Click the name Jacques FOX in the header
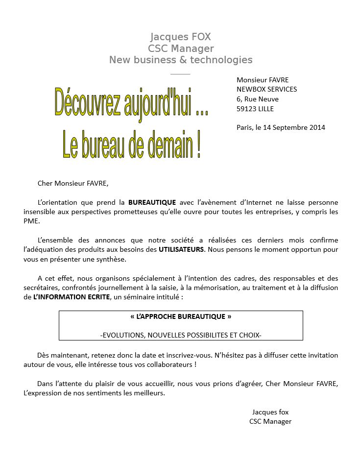[x=181, y=37]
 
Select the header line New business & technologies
[x=181, y=60]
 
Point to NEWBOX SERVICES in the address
[x=266, y=89]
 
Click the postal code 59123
[x=247, y=109]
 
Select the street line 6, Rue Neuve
[x=257, y=99]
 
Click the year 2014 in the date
[x=317, y=127]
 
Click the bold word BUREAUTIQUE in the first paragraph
[x=152, y=202]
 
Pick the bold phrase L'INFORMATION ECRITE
[x=72, y=297]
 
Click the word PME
[x=31, y=221]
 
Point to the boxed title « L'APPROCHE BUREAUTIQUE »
[x=181, y=317]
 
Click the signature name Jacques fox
[x=270, y=412]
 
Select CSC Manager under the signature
[x=270, y=421]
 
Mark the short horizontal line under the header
[x=180, y=74]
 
